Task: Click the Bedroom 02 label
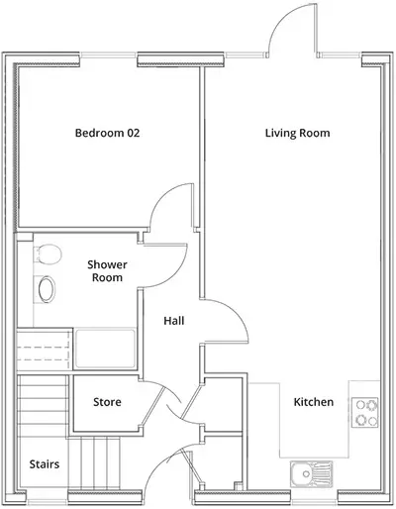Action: [107, 133]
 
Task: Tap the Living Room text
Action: [297, 133]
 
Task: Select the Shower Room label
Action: [105, 270]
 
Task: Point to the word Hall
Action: [174, 320]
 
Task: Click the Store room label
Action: [107, 402]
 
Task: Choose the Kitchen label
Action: [313, 402]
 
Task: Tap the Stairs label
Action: [43, 463]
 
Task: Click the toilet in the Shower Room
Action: [42, 256]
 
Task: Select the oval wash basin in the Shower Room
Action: [46, 289]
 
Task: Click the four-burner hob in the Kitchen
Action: [365, 411]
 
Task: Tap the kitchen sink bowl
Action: [304, 475]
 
